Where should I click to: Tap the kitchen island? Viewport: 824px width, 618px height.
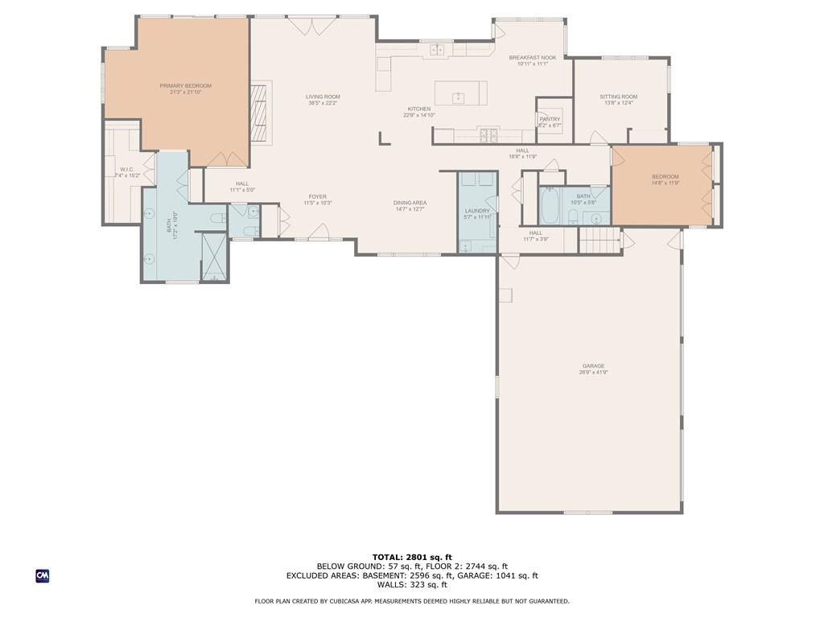[x=460, y=93]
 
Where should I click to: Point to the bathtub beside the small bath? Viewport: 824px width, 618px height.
[x=550, y=205]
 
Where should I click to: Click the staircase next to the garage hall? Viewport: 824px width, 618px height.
[x=599, y=240]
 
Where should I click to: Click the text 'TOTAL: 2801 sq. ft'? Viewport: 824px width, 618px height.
[x=412, y=557]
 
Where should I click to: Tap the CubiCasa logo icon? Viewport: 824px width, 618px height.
[x=43, y=575]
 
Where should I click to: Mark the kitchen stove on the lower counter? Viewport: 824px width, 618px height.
[x=488, y=135]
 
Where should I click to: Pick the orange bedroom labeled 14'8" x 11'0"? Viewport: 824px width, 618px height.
[x=661, y=185]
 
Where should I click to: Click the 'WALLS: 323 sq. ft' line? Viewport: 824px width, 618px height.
[x=412, y=585]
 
